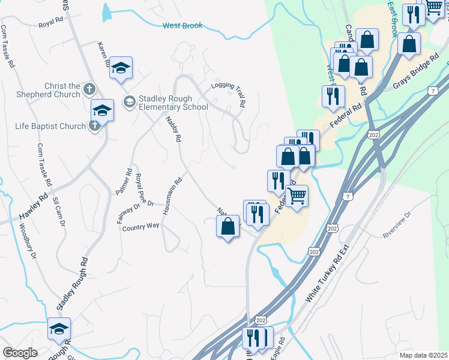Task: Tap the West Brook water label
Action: click(x=182, y=26)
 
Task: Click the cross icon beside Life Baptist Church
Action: click(x=94, y=126)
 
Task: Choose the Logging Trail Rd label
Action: click(x=229, y=94)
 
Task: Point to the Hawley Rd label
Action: click(x=32, y=206)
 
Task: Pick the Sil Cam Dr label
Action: click(x=59, y=212)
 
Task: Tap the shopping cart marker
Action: click(x=297, y=196)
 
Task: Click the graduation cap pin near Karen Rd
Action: click(x=121, y=67)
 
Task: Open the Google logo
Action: click(x=20, y=353)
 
